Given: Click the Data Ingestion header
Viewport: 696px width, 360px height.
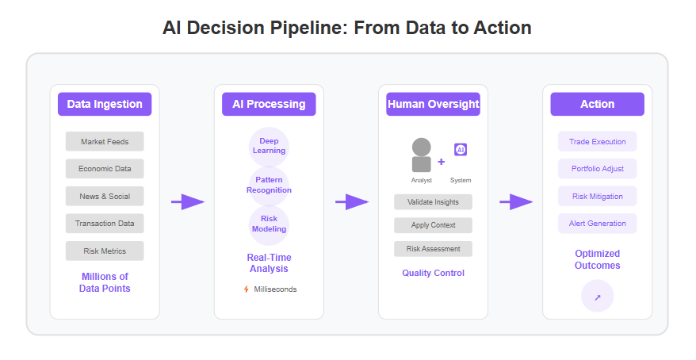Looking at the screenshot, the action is tap(105, 104).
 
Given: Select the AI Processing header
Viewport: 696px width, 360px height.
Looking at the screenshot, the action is tap(269, 104).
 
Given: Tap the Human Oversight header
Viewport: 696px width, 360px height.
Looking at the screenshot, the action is tap(434, 104).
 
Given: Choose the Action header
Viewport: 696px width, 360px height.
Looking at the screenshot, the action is tap(598, 104).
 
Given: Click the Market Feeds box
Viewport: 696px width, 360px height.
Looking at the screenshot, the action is tap(105, 142).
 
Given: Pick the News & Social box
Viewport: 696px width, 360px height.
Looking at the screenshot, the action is tap(105, 196).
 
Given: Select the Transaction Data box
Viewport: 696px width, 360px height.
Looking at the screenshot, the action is tap(105, 224).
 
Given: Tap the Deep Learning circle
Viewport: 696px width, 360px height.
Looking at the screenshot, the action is tap(269, 147).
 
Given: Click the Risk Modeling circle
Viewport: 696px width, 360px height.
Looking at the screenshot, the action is tap(269, 225).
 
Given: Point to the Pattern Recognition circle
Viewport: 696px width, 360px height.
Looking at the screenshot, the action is tap(269, 186).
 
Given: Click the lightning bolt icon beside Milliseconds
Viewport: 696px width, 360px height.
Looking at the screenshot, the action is tap(247, 289).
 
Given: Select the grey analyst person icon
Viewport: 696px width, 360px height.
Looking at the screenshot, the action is tap(421, 155).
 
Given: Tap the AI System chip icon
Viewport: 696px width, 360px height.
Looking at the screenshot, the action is tap(461, 150).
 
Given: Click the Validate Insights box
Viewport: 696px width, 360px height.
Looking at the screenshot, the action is tap(434, 202).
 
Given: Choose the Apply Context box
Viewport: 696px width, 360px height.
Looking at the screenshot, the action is tap(434, 225).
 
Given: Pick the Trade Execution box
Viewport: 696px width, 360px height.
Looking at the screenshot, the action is tap(598, 142).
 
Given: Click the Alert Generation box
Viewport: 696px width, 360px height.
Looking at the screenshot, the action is tap(598, 224).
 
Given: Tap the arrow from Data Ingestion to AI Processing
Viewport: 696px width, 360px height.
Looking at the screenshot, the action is tap(188, 202).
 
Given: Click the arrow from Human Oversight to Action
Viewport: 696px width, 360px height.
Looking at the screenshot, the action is tap(516, 202).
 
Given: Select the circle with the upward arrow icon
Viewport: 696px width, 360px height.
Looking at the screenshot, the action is tap(598, 296).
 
